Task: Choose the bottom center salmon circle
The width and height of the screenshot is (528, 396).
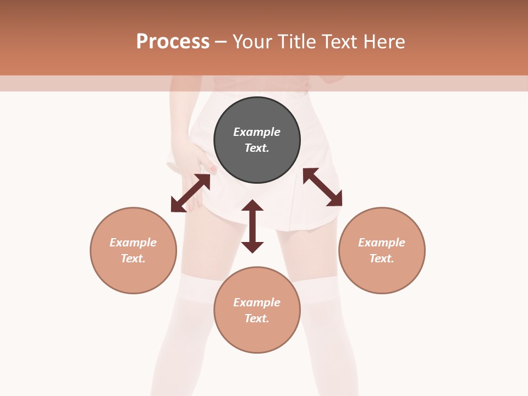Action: (x=257, y=335)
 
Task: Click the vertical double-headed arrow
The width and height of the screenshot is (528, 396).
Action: (x=252, y=226)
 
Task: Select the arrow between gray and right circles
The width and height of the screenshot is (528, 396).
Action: (x=323, y=187)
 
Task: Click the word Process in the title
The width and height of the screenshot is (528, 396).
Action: (x=173, y=42)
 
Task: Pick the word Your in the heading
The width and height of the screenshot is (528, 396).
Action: (x=252, y=42)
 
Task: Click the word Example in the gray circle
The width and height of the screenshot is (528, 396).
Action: (x=257, y=132)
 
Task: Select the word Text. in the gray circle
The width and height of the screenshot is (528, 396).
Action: (x=257, y=148)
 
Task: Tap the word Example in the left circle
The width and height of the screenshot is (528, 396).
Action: (x=133, y=243)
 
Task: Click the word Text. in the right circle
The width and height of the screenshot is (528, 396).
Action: (x=382, y=258)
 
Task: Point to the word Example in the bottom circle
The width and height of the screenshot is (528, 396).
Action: (x=257, y=302)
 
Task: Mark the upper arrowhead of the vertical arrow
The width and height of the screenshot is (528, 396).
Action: (x=252, y=206)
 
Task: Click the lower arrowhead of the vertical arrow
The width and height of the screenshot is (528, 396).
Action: (x=252, y=247)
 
